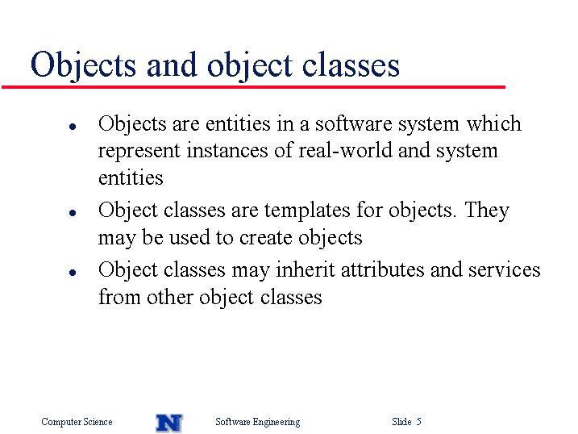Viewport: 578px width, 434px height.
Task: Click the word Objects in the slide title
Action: tap(83, 65)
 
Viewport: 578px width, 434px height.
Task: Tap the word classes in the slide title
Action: tap(351, 65)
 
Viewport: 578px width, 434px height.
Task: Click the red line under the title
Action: tap(253, 87)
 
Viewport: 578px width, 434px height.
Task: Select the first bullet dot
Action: tap(73, 127)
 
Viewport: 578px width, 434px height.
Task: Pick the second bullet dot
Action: tap(73, 213)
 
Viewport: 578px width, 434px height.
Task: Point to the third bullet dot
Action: tap(73, 273)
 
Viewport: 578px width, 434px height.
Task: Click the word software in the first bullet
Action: tap(354, 123)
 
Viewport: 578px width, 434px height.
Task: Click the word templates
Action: tap(307, 211)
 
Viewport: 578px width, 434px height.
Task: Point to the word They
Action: tap(487, 211)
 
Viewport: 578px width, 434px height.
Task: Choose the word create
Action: tap(265, 237)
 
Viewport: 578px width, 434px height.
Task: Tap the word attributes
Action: tap(383, 269)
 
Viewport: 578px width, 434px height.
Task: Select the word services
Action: tap(505, 269)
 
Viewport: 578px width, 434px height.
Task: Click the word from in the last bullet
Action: tap(119, 297)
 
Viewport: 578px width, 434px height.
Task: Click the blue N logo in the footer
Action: tap(169, 423)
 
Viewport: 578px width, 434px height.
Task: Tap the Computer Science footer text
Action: tap(77, 422)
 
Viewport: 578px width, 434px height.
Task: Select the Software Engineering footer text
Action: tap(258, 422)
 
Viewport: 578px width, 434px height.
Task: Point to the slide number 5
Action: tap(418, 421)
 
